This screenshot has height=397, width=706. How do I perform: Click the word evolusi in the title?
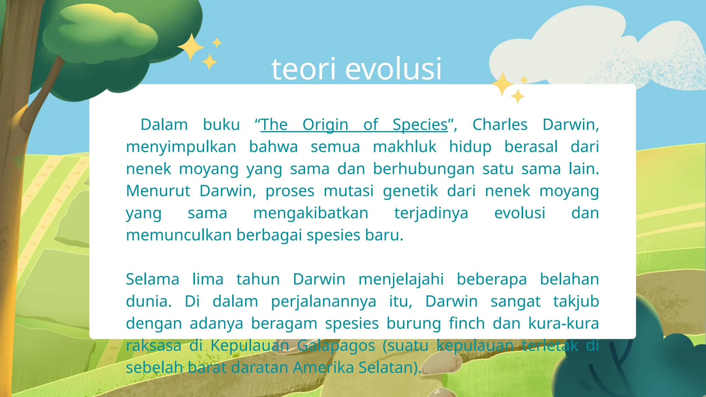[x=393, y=69]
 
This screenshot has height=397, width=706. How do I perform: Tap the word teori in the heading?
[x=303, y=69]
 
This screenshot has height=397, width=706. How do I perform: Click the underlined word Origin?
[x=325, y=125]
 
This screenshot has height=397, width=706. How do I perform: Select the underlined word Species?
[x=420, y=125]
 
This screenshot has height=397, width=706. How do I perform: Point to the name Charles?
[x=500, y=125]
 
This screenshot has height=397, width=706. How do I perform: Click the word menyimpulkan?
[x=181, y=147]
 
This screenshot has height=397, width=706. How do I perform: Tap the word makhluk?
[x=404, y=147]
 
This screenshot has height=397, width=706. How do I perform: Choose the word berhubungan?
[x=423, y=169]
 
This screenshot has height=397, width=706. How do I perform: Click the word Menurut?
[x=158, y=191]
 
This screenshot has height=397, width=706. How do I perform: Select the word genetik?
[x=410, y=191]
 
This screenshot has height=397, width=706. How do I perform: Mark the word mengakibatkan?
[x=311, y=213]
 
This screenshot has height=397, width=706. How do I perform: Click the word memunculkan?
[x=179, y=235]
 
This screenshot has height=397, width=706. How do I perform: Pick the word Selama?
[x=152, y=279]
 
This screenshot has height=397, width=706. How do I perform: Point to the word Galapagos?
[x=336, y=346]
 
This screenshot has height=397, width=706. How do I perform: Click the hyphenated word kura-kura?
[x=563, y=324]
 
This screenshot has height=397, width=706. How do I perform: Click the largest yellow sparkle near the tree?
[x=191, y=47]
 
